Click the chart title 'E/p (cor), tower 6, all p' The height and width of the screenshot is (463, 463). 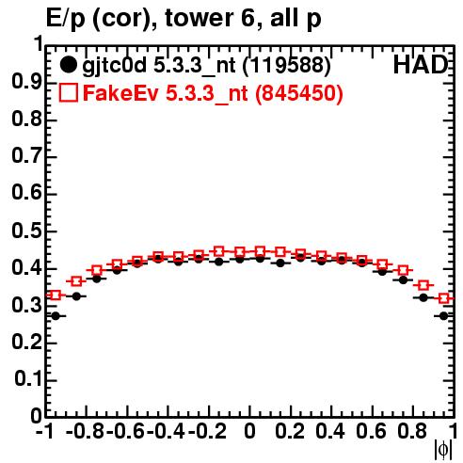coord(184,19)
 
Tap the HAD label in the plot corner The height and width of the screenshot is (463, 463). coord(421,65)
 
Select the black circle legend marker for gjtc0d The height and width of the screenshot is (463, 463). coord(68,65)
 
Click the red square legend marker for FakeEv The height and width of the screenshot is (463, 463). coord(68,93)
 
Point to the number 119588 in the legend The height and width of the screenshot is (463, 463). coord(287,66)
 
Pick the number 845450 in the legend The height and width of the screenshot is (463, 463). coord(299,93)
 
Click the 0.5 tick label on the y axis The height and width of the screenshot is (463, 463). coord(26,231)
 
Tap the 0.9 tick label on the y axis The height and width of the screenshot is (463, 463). coord(26,83)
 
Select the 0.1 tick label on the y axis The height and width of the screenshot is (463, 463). coord(27,379)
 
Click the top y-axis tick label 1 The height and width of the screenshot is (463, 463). coord(39,44)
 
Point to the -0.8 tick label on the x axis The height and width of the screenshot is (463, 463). coord(85,431)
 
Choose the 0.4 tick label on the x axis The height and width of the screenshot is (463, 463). coord(330,431)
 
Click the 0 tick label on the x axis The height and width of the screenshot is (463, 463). coord(249,431)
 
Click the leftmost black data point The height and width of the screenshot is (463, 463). coord(56,316)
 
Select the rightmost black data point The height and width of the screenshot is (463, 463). coord(443,316)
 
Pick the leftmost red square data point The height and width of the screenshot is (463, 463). coord(56,295)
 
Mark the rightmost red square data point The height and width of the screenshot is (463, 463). coord(443,298)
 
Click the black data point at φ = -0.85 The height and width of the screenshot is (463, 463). coord(76,296)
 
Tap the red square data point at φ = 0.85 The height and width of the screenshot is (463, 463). coord(423,285)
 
